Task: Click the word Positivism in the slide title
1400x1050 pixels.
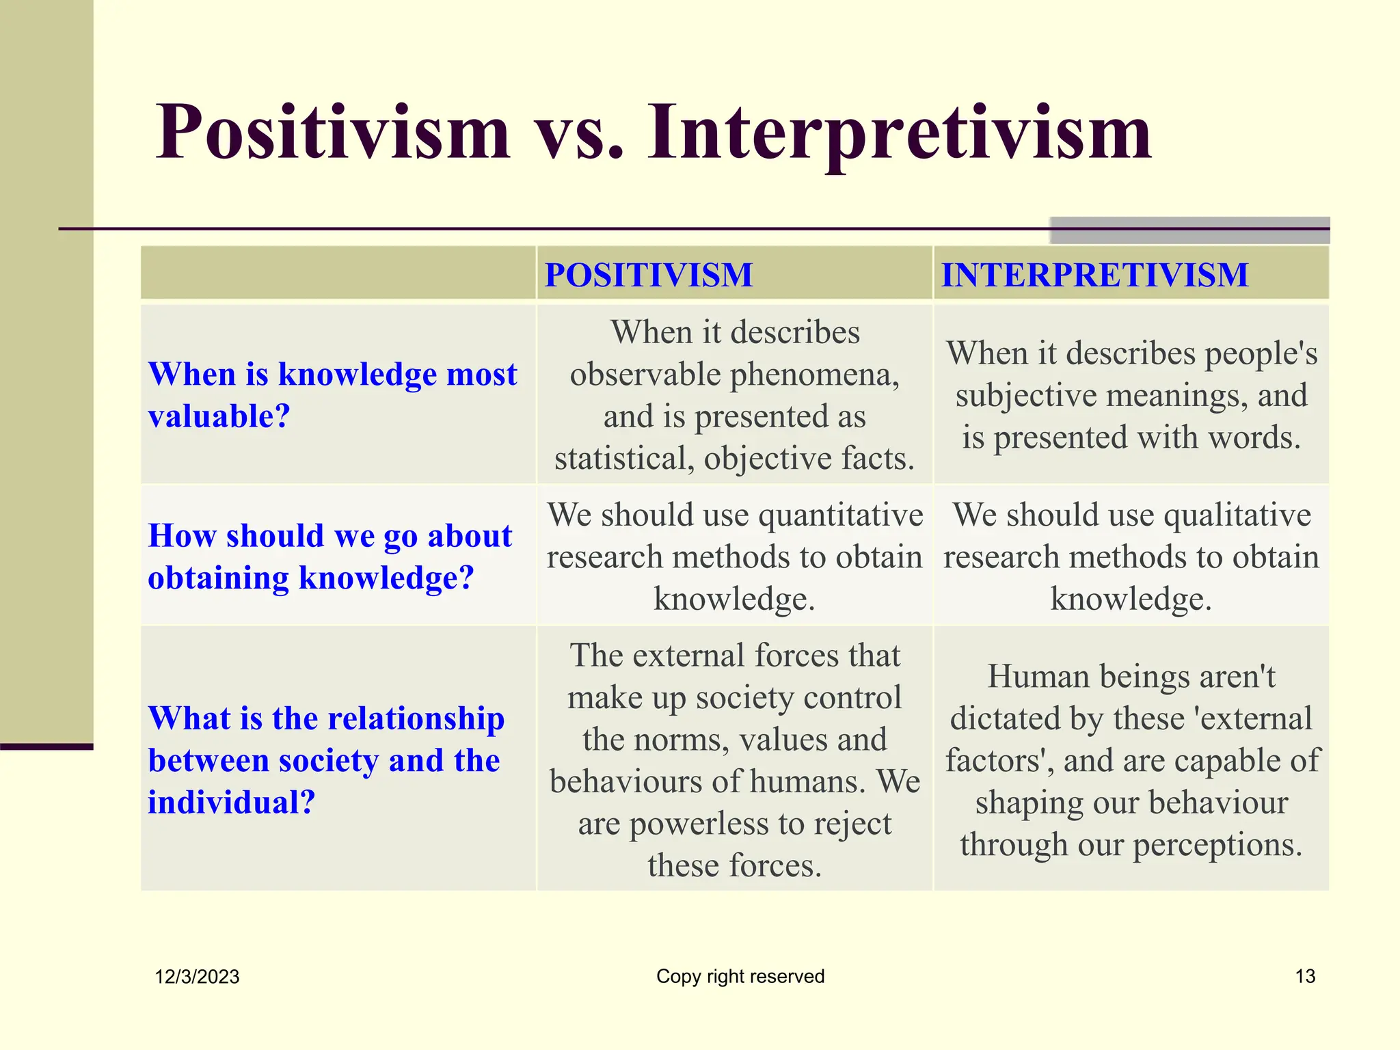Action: point(333,131)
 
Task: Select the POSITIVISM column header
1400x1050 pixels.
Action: point(648,275)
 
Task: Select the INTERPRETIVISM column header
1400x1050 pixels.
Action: point(1094,275)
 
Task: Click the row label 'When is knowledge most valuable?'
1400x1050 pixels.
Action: point(332,394)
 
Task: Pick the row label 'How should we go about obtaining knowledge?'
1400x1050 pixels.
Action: point(329,556)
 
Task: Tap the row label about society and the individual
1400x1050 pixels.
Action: point(326,759)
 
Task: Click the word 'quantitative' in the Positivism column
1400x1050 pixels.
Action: point(841,515)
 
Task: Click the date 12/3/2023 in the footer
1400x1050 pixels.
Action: point(197,977)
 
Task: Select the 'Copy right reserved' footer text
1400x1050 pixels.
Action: point(740,976)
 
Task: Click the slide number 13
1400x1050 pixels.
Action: point(1305,976)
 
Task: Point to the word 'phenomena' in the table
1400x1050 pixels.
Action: point(813,375)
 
